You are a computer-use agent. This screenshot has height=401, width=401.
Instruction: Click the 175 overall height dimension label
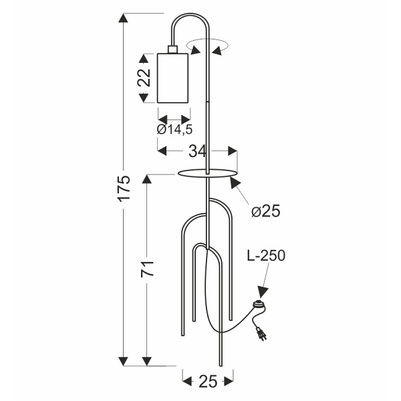pyautogui.click(x=124, y=188)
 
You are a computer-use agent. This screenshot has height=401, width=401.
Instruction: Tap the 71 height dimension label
pyautogui.click(x=147, y=269)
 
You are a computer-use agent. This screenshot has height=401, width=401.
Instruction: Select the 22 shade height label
pyautogui.click(x=144, y=78)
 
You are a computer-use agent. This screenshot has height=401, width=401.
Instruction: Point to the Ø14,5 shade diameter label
pyautogui.click(x=174, y=130)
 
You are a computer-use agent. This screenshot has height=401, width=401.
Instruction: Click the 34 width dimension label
pyautogui.click(x=197, y=151)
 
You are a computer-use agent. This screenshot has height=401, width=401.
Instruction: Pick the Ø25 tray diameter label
pyautogui.click(x=266, y=211)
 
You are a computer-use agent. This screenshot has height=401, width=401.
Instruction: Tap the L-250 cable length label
pyautogui.click(x=266, y=255)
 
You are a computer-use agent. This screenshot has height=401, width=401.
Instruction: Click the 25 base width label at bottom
pyautogui.click(x=208, y=382)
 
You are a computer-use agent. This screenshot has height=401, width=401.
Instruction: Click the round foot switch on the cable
pyautogui.click(x=259, y=305)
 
